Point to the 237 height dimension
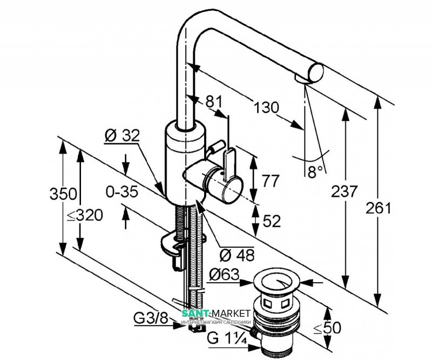tap(345, 192)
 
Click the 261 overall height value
tap(378, 208)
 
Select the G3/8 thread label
tap(151, 317)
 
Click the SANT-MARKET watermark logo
tap(215, 315)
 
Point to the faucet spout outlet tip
tap(305, 79)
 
